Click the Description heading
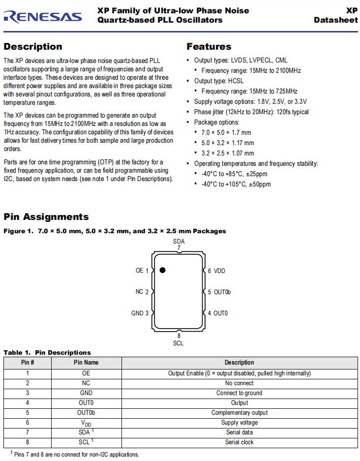tap(33, 47)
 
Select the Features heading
tap(209, 47)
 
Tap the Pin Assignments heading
tap(46, 217)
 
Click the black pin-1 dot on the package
tap(162, 270)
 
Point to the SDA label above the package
tap(179, 241)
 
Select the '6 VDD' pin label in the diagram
tap(216, 271)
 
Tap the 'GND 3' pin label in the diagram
tap(140, 313)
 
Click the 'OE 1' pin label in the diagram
tap(142, 271)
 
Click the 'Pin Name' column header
tap(86, 363)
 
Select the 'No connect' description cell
tap(239, 383)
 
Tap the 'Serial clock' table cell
tap(239, 442)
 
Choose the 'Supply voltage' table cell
tap(239, 423)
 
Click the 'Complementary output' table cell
tap(239, 413)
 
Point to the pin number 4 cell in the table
tap(28, 403)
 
